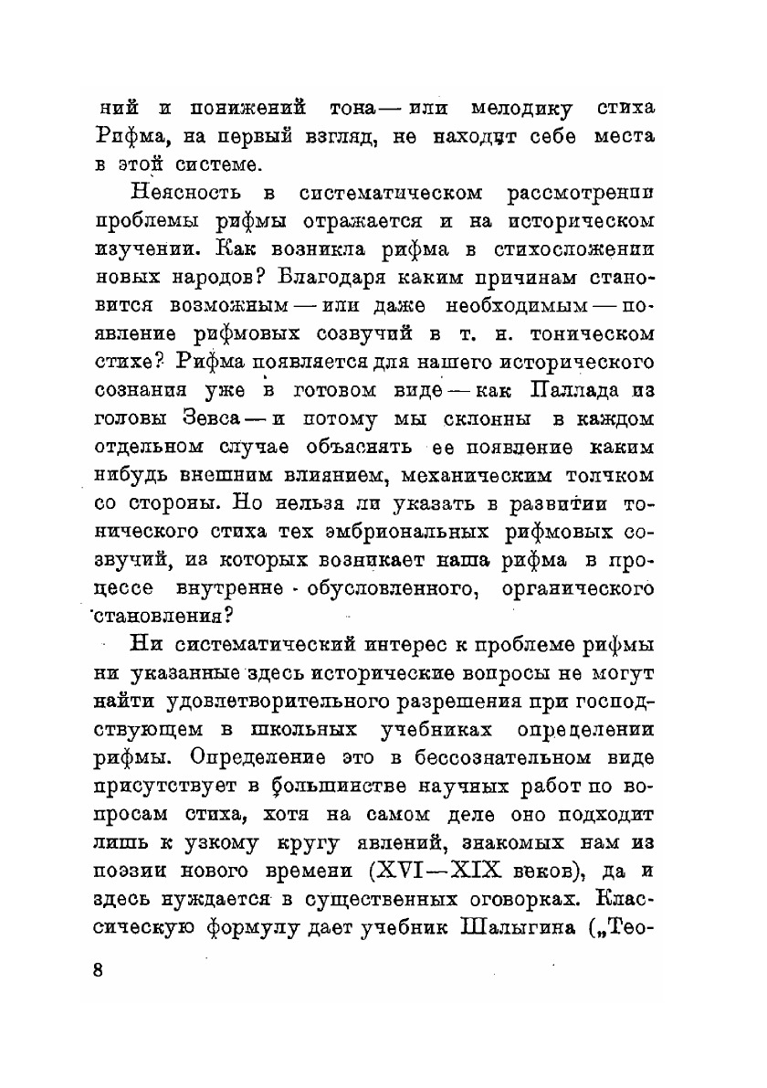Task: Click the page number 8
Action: click(x=100, y=969)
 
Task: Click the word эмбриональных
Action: click(x=412, y=533)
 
